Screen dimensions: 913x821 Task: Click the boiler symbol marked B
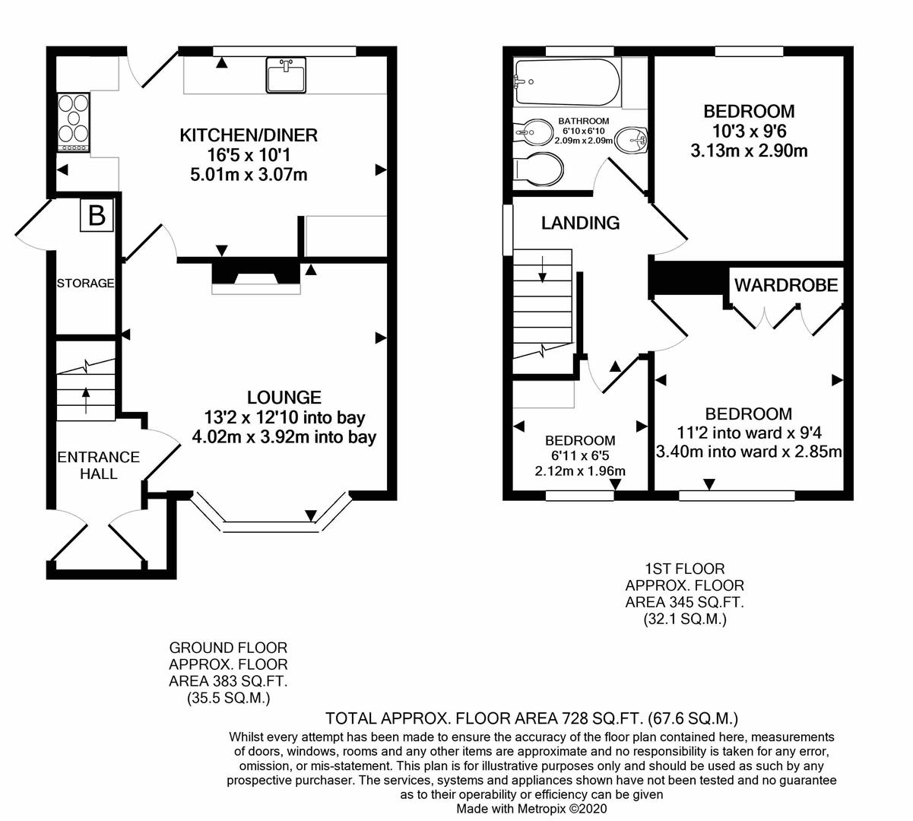click(97, 215)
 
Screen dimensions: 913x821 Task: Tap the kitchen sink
click(285, 74)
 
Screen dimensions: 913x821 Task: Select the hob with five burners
click(73, 122)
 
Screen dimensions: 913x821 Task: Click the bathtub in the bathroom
click(567, 82)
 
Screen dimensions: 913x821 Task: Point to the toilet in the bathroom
click(538, 170)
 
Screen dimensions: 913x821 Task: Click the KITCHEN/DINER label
click(249, 135)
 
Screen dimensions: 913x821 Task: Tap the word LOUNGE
click(284, 398)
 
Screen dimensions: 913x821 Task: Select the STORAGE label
click(85, 284)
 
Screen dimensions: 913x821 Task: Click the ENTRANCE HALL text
click(99, 465)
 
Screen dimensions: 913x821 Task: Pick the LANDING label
click(580, 223)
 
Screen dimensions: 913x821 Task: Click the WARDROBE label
click(786, 285)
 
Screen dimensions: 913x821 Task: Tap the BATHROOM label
click(584, 121)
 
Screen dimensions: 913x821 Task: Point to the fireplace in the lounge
click(256, 277)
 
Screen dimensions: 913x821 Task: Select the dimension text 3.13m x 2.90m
click(749, 151)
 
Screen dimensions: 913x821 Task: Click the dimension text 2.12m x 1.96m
click(580, 471)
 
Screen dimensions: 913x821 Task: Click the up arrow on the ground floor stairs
click(86, 401)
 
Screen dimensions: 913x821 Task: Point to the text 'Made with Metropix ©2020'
click(531, 808)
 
